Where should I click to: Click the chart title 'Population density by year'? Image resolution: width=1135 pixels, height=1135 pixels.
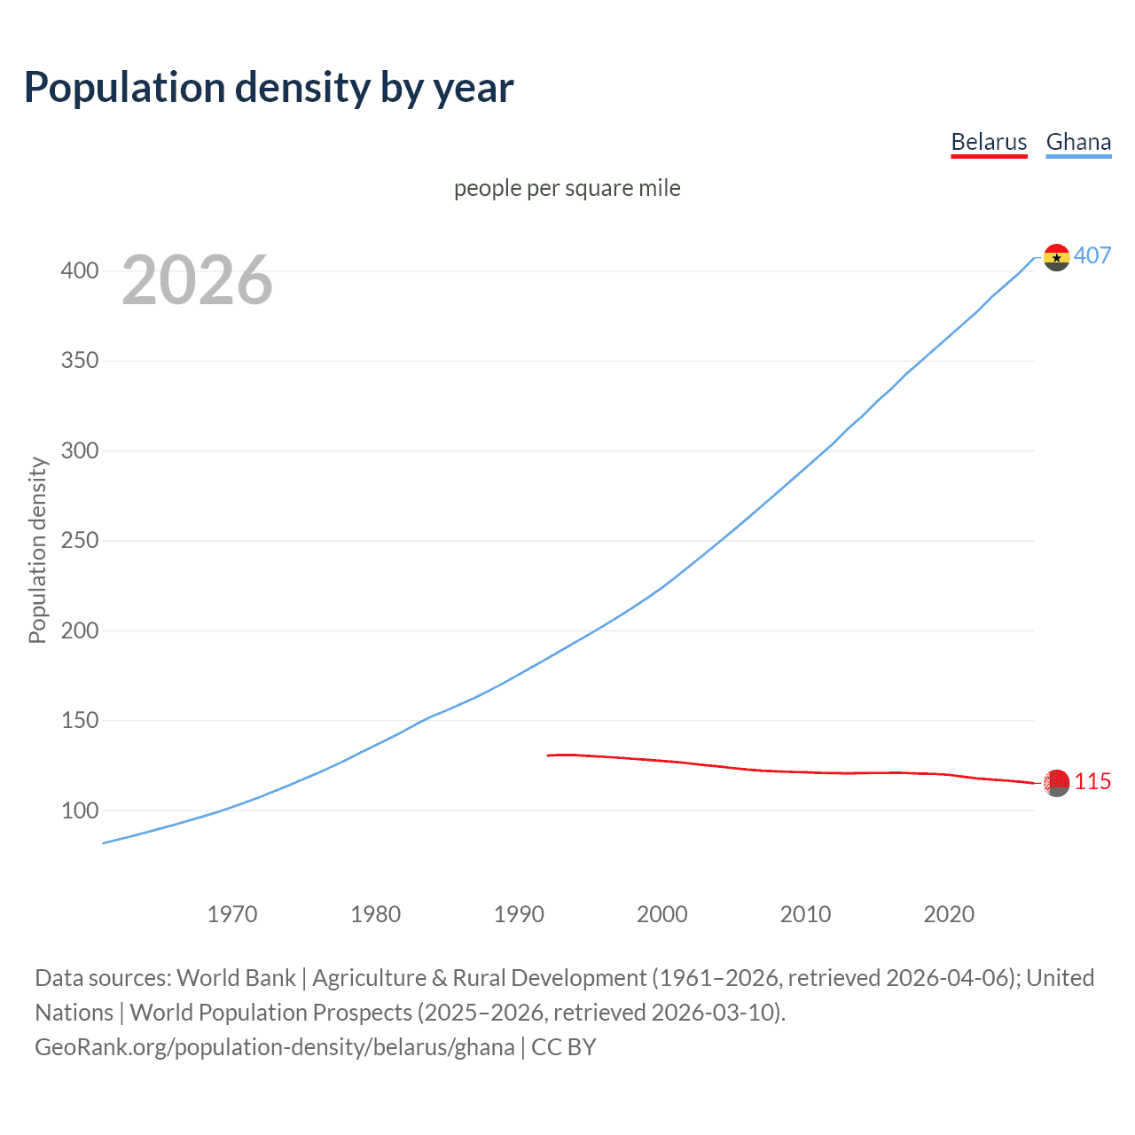point(269,88)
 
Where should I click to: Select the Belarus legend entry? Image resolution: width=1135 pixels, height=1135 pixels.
point(989,142)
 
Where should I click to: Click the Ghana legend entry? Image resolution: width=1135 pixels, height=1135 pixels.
point(1078,142)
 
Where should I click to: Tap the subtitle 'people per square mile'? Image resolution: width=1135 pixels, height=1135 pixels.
point(567,189)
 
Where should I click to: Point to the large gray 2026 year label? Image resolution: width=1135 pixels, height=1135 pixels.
point(197,280)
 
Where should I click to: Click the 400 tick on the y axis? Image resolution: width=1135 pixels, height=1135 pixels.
point(80,271)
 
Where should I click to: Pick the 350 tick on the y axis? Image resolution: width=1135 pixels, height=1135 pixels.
point(80,361)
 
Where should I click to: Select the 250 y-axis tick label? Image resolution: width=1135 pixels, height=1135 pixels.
point(80,541)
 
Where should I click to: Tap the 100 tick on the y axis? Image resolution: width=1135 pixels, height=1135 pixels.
point(80,810)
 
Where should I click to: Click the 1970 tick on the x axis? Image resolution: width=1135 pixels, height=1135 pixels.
point(232,914)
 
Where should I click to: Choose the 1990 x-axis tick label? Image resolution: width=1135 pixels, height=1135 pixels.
point(519,914)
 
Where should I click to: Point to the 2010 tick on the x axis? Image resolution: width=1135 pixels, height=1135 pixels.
point(805,914)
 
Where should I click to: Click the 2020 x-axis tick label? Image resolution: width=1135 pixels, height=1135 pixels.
point(949,914)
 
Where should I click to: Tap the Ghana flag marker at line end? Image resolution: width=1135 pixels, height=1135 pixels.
point(1056,257)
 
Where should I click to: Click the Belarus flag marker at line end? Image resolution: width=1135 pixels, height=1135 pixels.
point(1056,783)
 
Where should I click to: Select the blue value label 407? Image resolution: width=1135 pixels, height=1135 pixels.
point(1092,256)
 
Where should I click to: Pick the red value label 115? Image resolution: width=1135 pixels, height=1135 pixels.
point(1092,782)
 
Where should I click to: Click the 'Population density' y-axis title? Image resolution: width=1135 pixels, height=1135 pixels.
point(37,550)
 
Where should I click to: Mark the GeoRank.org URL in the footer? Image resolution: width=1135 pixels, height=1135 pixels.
point(275,1047)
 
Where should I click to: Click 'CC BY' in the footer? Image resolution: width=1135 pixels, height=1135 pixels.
point(564,1047)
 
